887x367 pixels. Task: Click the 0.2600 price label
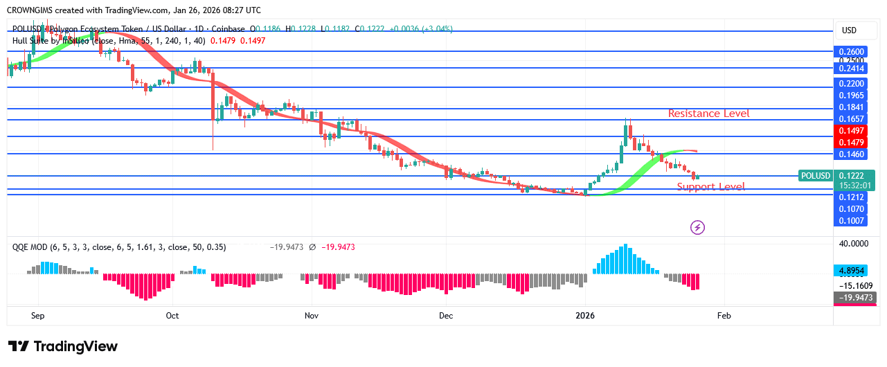pos(851,51)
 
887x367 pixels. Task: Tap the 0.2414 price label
pos(851,68)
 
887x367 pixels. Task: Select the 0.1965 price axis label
pos(851,95)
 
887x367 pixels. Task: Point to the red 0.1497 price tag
pos(851,130)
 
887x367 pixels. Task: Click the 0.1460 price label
pos(851,154)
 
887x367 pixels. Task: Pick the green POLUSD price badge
pos(814,176)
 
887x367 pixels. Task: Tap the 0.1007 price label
pos(851,220)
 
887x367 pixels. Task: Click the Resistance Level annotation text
pos(708,113)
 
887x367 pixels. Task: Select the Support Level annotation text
pos(710,186)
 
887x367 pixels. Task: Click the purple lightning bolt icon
pos(698,226)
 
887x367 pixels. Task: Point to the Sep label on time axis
pos(38,315)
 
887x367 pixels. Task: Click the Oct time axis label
pos(172,315)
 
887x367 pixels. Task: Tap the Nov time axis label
pos(312,315)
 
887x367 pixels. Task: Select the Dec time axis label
pos(446,315)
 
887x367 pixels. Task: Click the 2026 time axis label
pos(585,315)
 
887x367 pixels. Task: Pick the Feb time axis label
pos(724,315)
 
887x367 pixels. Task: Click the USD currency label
pos(849,30)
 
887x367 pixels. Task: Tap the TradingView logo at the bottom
pos(62,346)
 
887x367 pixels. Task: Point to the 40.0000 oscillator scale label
pos(854,244)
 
